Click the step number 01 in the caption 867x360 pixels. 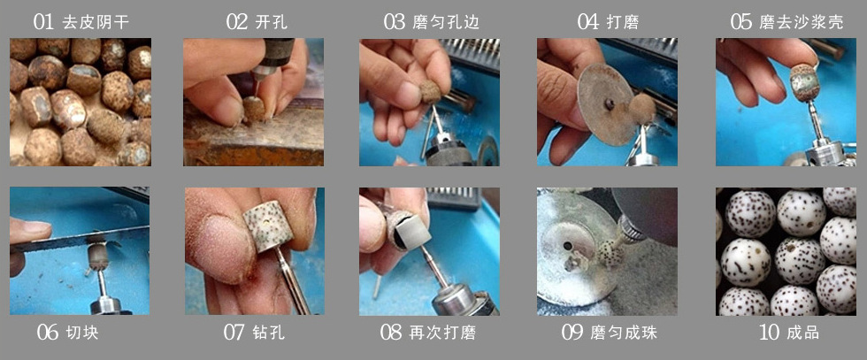tap(44, 22)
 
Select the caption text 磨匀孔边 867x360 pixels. tap(448, 22)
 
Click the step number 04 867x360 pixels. tap(588, 22)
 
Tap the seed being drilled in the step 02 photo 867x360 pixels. tap(255, 110)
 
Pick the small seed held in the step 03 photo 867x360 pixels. tap(432, 90)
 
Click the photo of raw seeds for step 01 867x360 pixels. tap(80, 102)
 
